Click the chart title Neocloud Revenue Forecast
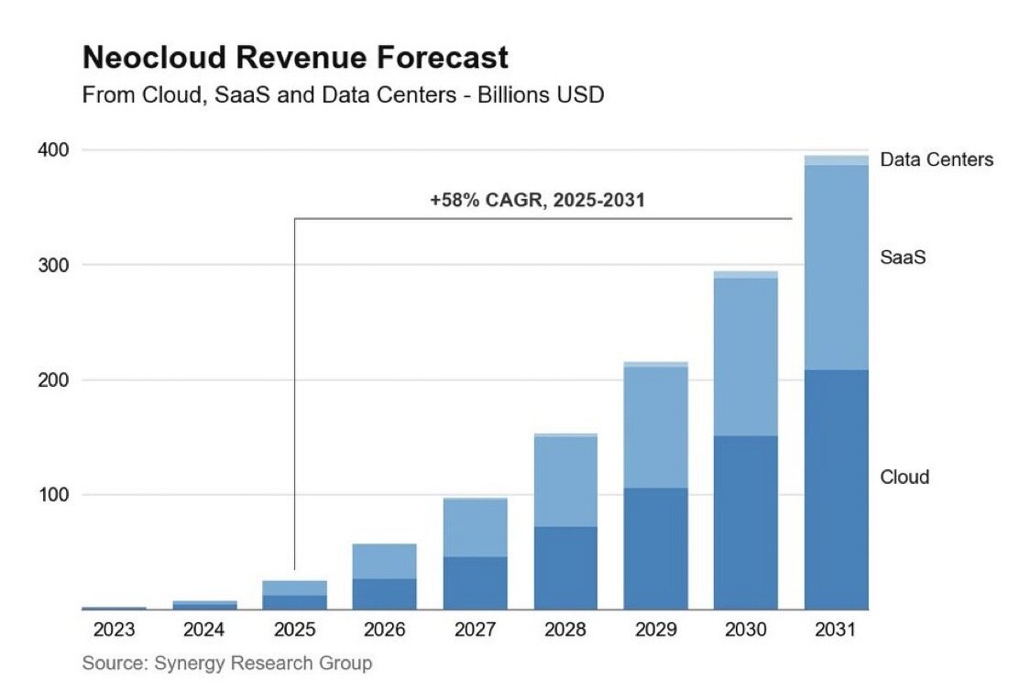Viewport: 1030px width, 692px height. pos(295,59)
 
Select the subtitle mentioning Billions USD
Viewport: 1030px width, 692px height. pos(343,94)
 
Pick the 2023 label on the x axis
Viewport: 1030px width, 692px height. pos(114,631)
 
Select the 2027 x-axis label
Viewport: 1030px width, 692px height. pos(475,631)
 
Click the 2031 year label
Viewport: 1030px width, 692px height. pos(836,631)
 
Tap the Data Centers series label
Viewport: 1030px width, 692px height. pos(936,160)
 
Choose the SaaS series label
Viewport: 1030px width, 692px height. pos(903,258)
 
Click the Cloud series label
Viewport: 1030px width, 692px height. pos(904,477)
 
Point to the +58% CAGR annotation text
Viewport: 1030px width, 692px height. pos(537,200)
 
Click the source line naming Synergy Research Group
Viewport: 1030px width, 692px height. pos(226,663)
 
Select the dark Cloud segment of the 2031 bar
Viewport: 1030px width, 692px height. pos(836,489)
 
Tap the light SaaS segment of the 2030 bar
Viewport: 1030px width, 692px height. pos(746,357)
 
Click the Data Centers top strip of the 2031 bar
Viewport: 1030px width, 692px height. pos(836,160)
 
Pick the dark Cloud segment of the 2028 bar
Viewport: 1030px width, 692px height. pos(565,567)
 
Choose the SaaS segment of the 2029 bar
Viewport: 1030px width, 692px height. pos(655,427)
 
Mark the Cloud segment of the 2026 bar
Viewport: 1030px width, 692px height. pos(385,594)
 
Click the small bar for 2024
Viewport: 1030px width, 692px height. pos(204,605)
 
